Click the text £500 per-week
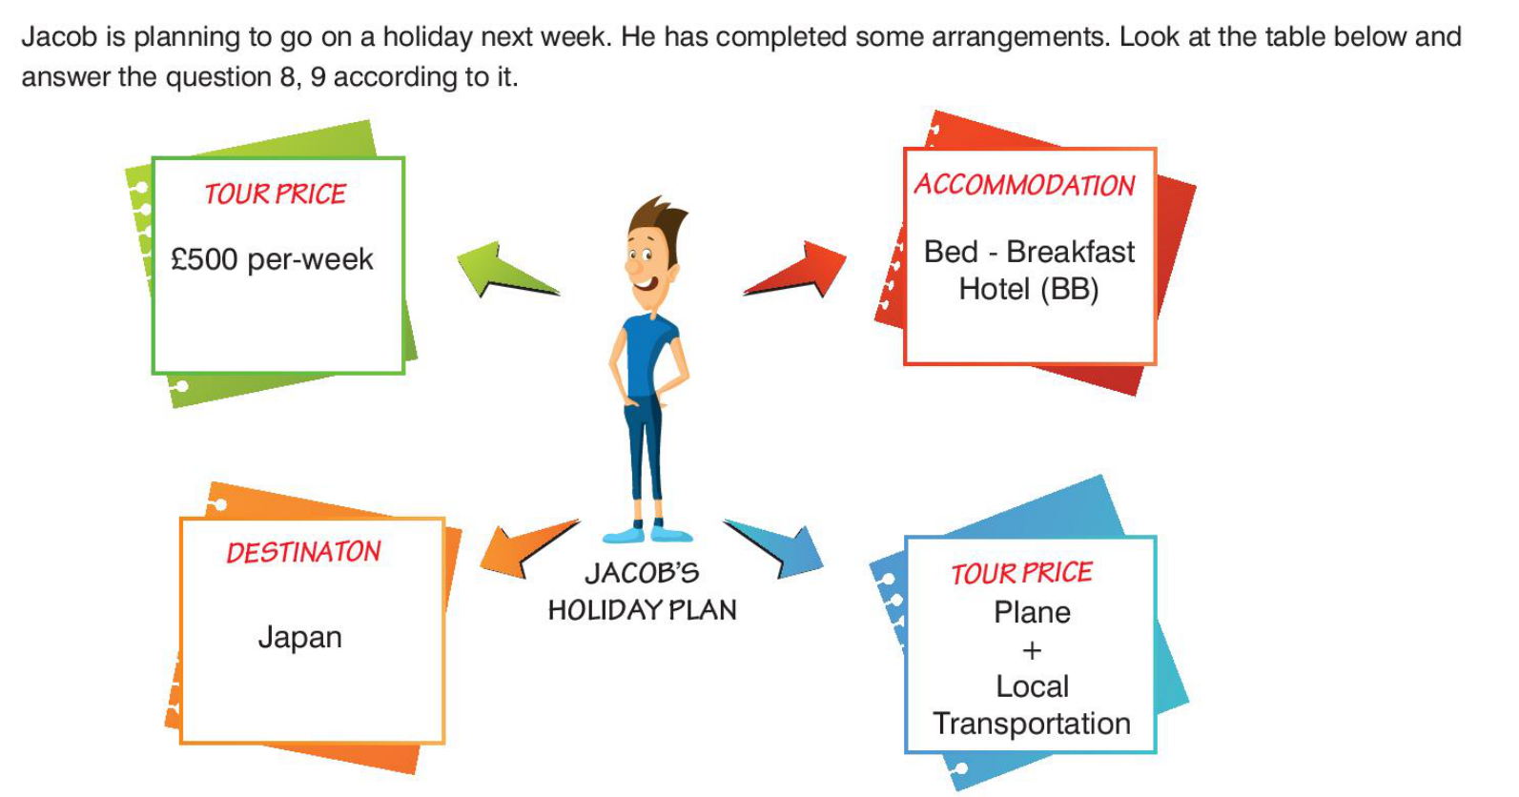[272, 259]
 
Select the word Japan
[299, 638]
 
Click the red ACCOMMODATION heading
[1025, 185]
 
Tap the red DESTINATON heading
[303, 552]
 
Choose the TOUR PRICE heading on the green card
[276, 194]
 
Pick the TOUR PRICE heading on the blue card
[1022, 573]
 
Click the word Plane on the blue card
[1032, 613]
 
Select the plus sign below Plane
[1032, 650]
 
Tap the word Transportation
[1032, 724]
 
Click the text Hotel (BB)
[1029, 290]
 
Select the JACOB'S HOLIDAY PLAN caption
[642, 592]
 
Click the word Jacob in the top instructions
[60, 36]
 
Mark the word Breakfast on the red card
[1070, 252]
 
